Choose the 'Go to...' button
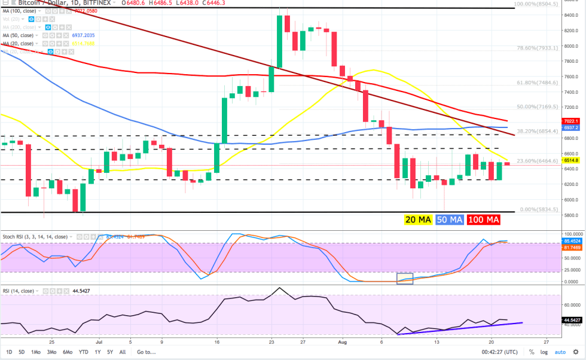point(146,352)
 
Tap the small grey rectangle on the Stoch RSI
point(405,278)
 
